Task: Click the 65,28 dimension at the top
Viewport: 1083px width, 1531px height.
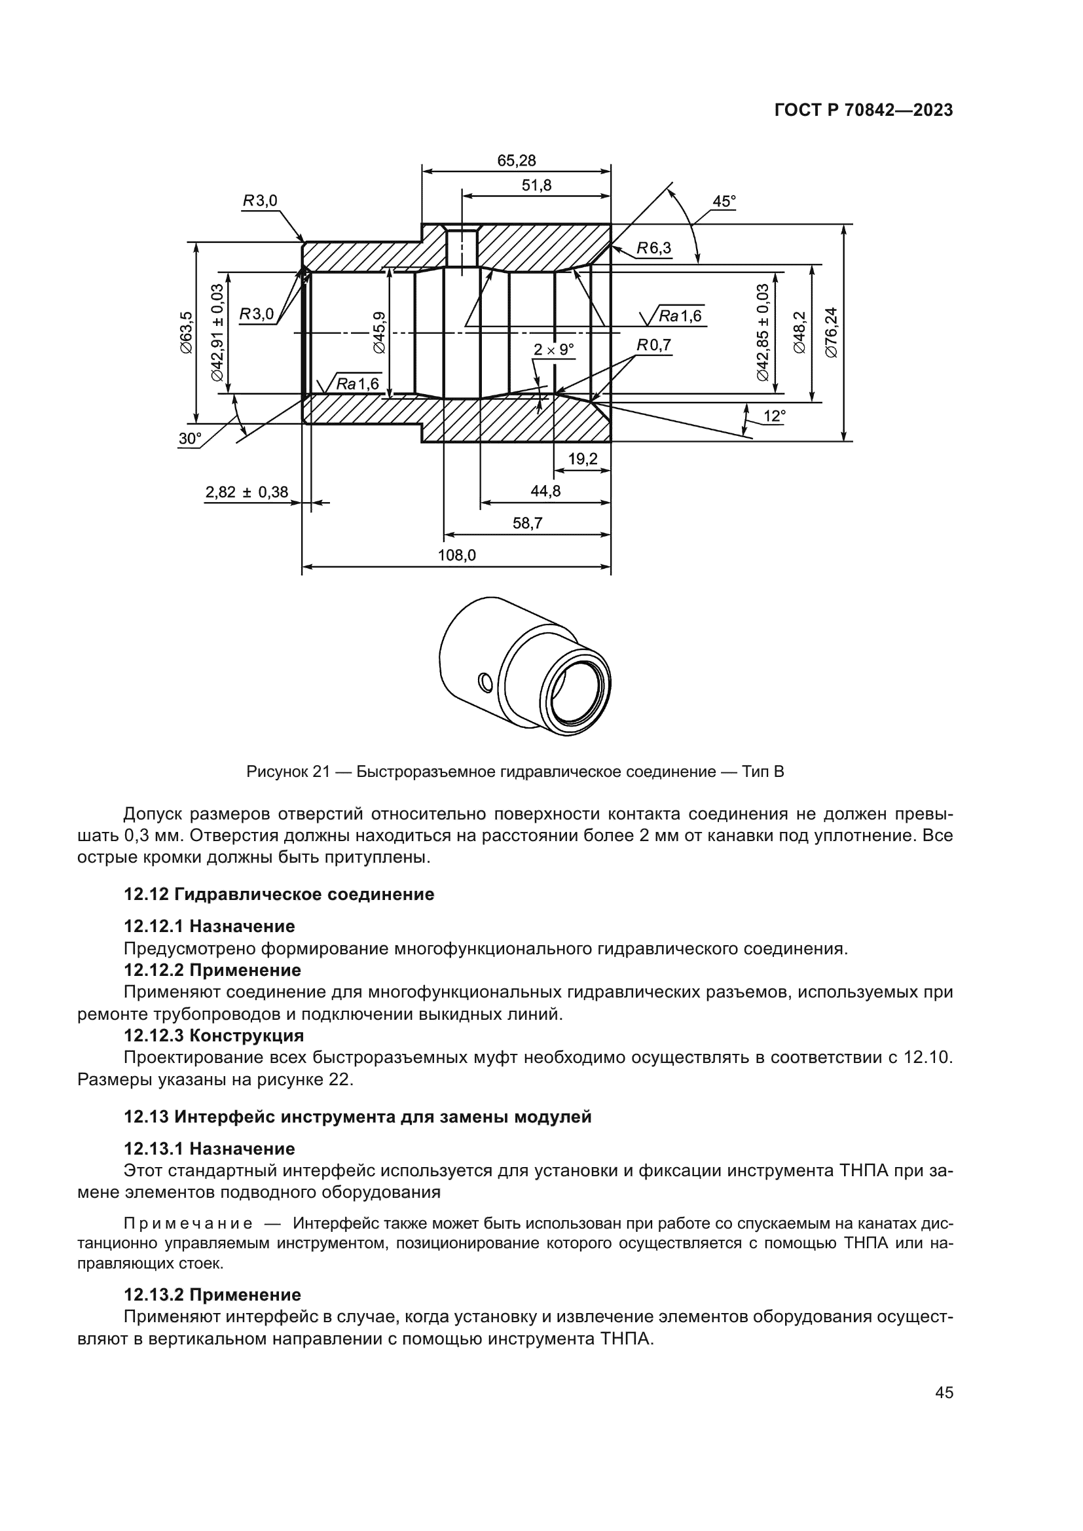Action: [516, 161]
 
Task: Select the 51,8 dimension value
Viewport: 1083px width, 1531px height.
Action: [536, 185]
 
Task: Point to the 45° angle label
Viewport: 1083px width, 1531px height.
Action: [724, 201]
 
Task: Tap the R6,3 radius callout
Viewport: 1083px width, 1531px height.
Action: [653, 248]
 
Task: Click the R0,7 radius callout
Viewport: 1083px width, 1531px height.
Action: [653, 345]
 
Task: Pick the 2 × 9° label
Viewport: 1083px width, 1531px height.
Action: [553, 350]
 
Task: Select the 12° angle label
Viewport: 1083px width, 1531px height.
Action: [773, 416]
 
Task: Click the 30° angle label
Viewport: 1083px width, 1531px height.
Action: [189, 438]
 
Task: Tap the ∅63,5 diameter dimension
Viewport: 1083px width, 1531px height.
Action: [186, 333]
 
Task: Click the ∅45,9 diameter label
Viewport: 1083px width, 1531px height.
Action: [378, 333]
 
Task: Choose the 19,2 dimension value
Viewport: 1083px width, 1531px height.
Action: [582, 459]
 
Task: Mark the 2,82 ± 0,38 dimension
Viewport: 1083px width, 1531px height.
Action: [247, 492]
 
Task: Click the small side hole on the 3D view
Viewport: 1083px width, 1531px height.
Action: [485, 681]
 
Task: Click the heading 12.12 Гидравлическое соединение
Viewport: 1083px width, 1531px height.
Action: [279, 894]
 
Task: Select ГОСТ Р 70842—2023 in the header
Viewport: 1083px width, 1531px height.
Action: [863, 111]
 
